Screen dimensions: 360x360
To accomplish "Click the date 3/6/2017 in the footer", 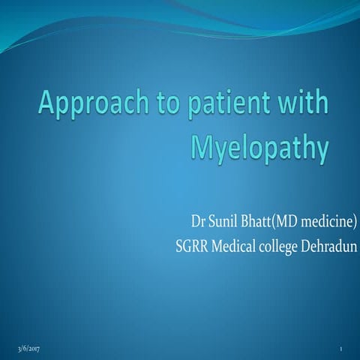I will [x=31, y=349].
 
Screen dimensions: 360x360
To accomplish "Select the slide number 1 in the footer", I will [x=341, y=349].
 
